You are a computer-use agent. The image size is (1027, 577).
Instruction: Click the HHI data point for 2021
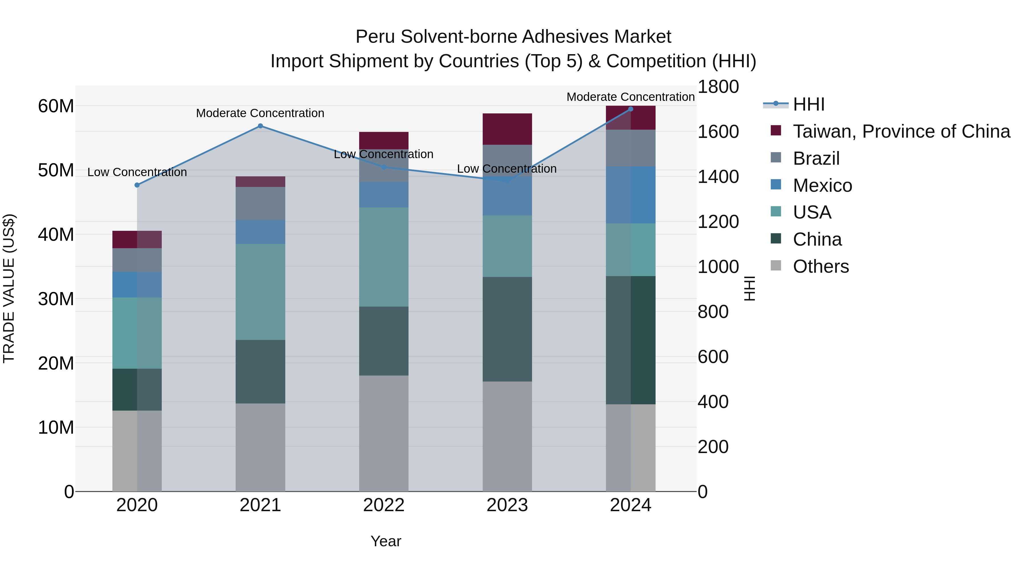pos(260,126)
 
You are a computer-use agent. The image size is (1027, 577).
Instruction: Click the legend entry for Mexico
pos(822,185)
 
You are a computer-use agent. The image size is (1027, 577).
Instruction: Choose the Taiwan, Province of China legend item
pos(901,131)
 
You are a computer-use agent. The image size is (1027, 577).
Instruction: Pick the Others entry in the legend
pos(820,266)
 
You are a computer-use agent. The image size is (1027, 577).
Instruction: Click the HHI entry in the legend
pos(808,104)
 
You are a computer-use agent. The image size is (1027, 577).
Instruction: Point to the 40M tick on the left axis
pos(56,235)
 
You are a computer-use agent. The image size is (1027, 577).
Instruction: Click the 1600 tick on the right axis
pos(718,132)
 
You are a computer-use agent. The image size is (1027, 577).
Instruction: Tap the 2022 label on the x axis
pos(383,505)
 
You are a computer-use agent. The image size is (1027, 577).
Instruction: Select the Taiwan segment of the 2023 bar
pos(507,129)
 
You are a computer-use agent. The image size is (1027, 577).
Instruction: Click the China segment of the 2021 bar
pos(260,372)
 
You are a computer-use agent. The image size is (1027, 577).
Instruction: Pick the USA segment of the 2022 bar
pos(383,257)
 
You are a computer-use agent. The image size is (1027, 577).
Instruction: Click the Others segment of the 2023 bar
pos(507,436)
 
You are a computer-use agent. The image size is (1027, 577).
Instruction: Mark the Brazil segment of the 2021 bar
pos(260,203)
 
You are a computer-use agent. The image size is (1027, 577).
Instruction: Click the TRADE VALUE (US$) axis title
pos(9,288)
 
